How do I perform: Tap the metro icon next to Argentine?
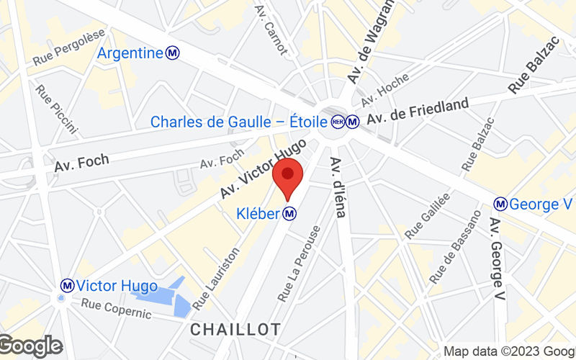pyautogui.click(x=172, y=53)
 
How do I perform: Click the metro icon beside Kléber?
pyautogui.click(x=289, y=214)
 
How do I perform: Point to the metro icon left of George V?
pyautogui.click(x=500, y=204)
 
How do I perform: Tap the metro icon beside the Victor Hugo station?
pyautogui.click(x=67, y=286)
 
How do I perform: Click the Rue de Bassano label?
pyautogui.click(x=455, y=246)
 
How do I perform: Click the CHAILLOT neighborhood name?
pyautogui.click(x=235, y=329)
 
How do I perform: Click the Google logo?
pyautogui.click(x=30, y=346)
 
